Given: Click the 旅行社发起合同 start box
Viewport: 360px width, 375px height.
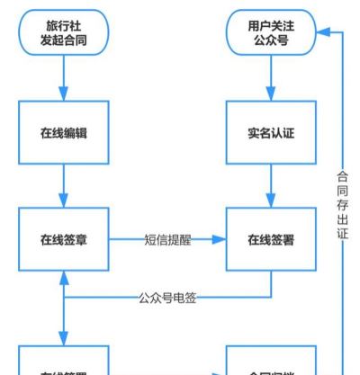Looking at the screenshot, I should coord(64,32).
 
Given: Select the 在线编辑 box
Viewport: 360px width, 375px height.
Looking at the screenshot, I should coord(64,133).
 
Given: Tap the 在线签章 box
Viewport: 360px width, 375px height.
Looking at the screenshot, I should coord(64,240).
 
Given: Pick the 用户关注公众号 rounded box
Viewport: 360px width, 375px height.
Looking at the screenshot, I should coord(271,32).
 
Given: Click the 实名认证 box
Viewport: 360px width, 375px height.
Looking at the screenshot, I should coord(271,133).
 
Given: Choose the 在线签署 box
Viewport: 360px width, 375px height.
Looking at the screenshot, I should coord(271,240).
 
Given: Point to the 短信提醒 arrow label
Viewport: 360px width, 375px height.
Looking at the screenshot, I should coord(167,240).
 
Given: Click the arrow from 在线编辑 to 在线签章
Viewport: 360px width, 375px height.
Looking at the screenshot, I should coord(64,186).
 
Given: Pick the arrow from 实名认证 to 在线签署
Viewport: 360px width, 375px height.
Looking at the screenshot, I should coord(271,186).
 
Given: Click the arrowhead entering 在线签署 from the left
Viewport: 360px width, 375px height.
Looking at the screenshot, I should coord(219,240).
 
